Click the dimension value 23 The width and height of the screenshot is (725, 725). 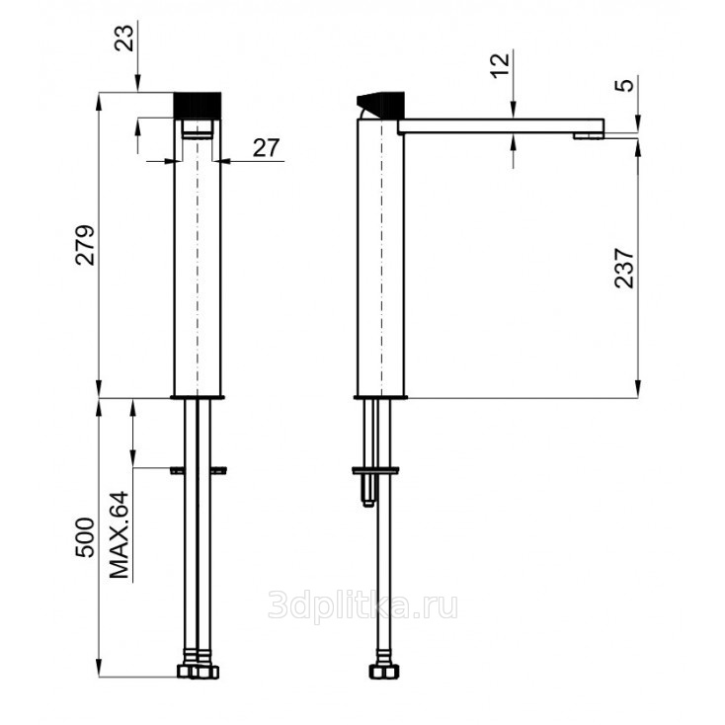pyautogui.click(x=123, y=38)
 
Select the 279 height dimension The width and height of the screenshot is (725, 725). pyautogui.click(x=85, y=245)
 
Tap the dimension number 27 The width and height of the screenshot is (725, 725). pyautogui.click(x=266, y=148)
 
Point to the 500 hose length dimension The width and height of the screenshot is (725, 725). pyautogui.click(x=85, y=537)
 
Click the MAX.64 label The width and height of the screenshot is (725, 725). pyautogui.click(x=120, y=535)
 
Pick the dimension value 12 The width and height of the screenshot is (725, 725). pyautogui.click(x=500, y=65)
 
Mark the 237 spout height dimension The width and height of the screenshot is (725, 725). pyautogui.click(x=624, y=269)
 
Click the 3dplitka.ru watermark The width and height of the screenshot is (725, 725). pyautogui.click(x=362, y=606)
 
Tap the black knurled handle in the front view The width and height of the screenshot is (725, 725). pyautogui.click(x=198, y=106)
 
